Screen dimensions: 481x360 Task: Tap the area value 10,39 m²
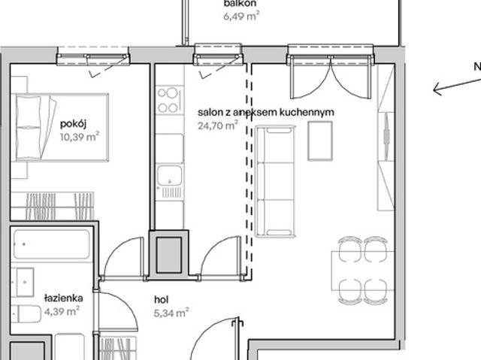pyautogui.click(x=80, y=137)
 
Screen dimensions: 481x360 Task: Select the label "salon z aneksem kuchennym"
pyautogui.click(x=266, y=112)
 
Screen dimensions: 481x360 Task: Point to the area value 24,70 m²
pyautogui.click(x=218, y=125)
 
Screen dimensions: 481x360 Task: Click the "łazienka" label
pyautogui.click(x=63, y=298)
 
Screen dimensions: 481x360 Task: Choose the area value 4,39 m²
pyautogui.click(x=62, y=311)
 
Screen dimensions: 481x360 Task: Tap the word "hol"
pyautogui.click(x=162, y=300)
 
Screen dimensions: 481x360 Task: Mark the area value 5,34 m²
pyautogui.click(x=171, y=313)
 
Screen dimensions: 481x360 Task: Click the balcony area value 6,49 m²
pyautogui.click(x=241, y=16)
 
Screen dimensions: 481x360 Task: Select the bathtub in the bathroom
pyautogui.click(x=52, y=244)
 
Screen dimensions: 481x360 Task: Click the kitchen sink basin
pyautogui.click(x=170, y=176)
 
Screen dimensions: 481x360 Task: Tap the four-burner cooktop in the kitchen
pyautogui.click(x=170, y=100)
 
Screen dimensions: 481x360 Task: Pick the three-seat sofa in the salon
pyautogui.click(x=276, y=181)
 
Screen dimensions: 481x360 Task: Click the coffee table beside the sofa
pyautogui.click(x=320, y=141)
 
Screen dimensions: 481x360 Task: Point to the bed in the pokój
pyautogui.click(x=60, y=127)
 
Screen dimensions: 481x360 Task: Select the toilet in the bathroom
pyautogui.click(x=26, y=313)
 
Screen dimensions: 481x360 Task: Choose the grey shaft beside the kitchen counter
pyautogui.click(x=168, y=255)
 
